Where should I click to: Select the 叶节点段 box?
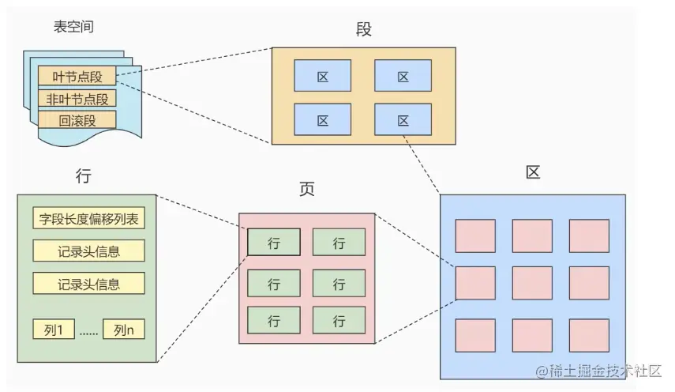(x=77, y=77)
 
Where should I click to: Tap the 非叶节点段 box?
(x=77, y=99)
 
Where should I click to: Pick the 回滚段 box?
(x=77, y=120)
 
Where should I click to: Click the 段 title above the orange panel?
(x=363, y=30)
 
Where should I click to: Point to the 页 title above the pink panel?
(x=306, y=190)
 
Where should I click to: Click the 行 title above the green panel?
(x=83, y=175)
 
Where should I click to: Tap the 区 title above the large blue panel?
(x=533, y=172)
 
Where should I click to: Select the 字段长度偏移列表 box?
(x=88, y=219)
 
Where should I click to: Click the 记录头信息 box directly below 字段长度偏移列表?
(x=88, y=251)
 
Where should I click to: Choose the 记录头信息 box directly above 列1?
(x=88, y=283)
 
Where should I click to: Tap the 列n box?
(x=125, y=329)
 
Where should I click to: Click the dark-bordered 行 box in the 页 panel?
(x=274, y=242)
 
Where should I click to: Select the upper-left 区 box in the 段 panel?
(x=322, y=77)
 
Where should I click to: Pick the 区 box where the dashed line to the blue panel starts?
(x=403, y=120)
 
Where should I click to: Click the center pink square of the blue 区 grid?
(x=532, y=283)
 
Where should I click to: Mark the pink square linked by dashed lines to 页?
(x=475, y=283)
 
